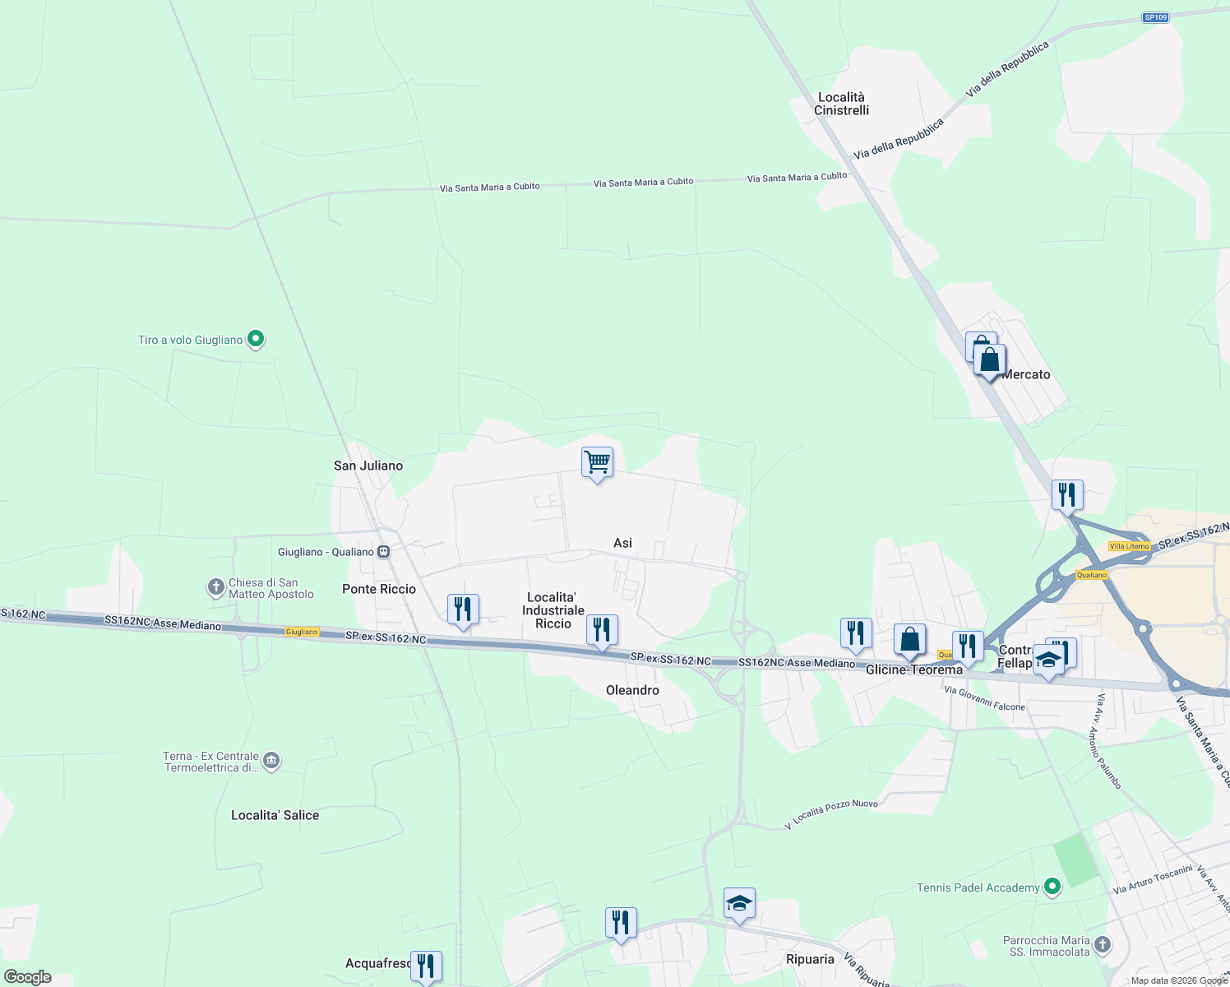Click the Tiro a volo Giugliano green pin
pos(256,338)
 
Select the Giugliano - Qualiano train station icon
pos(383,552)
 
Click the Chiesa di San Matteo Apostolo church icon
pos(215,587)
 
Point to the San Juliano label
pos(368,466)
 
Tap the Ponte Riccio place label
pos(379,589)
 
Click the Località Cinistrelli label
pos(841,104)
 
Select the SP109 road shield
pos(1155,17)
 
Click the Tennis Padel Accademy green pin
pos(1052,887)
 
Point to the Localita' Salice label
pos(275,815)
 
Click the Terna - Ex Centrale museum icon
pos(272,761)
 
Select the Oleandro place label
pos(632,690)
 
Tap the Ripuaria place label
pos(810,959)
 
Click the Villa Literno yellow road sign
pos(1129,546)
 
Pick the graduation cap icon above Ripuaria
pos(739,903)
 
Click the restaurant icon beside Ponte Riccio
pos(463,609)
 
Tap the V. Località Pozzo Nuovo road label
pos(831,814)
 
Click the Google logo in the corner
pos(28,977)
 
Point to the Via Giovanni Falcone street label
pos(984,698)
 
